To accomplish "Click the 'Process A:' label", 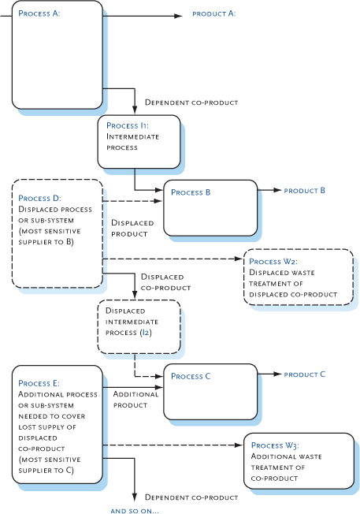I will (39, 13).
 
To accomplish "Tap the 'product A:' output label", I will (214, 13).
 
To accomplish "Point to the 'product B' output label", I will (304, 191).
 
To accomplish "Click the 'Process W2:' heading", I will (275, 262).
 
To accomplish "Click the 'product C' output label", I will (304, 374).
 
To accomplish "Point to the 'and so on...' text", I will (135, 511).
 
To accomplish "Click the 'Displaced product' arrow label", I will (131, 228).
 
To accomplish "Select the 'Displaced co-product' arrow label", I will (161, 282).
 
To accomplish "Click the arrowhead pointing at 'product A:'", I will (179, 13).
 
